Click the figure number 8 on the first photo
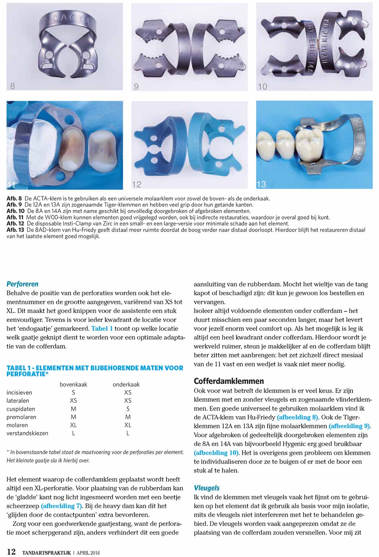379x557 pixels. pos(13,86)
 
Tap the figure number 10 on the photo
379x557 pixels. pos(262,87)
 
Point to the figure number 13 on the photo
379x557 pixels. pos(261,184)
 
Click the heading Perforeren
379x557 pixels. pos(22,284)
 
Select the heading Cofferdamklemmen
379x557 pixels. pos(229,381)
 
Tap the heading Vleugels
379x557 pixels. pos(207,488)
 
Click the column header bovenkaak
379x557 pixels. pos(73,384)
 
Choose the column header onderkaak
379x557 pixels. pos(126,384)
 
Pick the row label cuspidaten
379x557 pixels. pos(20,409)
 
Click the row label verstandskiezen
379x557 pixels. pos(27,433)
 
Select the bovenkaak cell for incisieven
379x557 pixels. pos(73,393)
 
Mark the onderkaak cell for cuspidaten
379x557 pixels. pos(128,409)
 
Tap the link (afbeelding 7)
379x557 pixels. pos(61,506)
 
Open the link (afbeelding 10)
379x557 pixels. pos(216,453)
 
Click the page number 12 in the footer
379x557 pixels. pos(11,552)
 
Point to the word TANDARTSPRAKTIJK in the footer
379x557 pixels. pos(46,553)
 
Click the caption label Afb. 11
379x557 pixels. pos(15,217)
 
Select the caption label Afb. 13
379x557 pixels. pos(15,230)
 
